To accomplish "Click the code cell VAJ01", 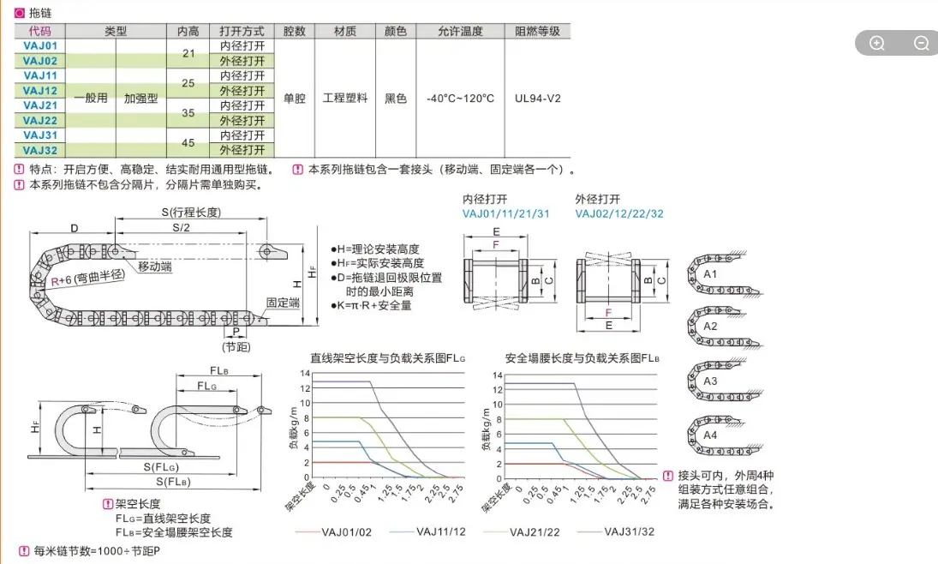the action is point(40,45).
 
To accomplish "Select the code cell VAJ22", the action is point(40,120).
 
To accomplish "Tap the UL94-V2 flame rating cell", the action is point(538,99).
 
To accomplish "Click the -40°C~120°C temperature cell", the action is point(460,99).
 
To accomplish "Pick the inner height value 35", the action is point(188,112).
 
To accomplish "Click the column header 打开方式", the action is point(242,31).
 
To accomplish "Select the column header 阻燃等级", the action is point(537,31).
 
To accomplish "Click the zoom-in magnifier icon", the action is point(877,43).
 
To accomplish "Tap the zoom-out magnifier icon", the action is point(921,43).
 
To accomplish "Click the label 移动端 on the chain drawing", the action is point(154,267).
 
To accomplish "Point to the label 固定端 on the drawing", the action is point(283,303).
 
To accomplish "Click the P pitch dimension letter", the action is point(236,332).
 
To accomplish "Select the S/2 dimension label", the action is point(182,227).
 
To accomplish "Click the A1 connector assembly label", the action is point(710,274).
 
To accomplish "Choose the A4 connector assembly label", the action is point(710,435).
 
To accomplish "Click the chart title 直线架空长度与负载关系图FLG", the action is point(387,358).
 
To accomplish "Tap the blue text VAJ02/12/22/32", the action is point(619,213).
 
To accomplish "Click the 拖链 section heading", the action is point(40,13).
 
